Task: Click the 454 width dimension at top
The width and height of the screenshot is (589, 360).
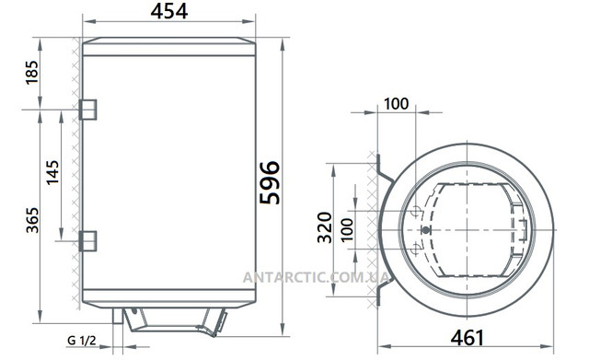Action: (170, 12)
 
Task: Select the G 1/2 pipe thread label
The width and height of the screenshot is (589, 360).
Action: (80, 342)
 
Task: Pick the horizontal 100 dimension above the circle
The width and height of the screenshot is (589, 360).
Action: (395, 103)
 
